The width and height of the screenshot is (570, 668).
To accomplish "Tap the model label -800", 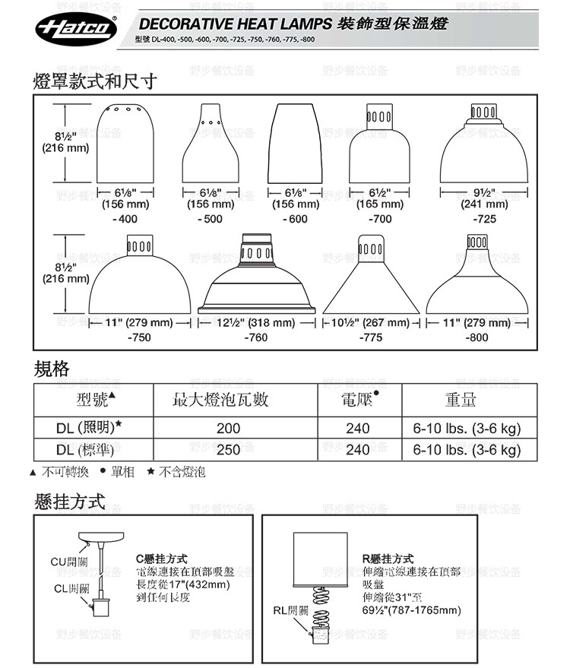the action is click(x=477, y=337).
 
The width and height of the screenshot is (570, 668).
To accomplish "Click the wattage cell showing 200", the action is click(x=228, y=429).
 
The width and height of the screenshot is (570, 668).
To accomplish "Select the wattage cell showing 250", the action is click(x=228, y=449).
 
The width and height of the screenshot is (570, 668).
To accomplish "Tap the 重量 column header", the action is click(x=461, y=400).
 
